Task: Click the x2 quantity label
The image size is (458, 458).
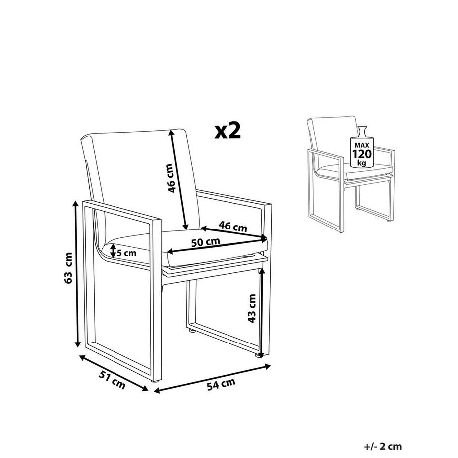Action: tap(228, 131)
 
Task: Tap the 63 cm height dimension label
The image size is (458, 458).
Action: tap(68, 268)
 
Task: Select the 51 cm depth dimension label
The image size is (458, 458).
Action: tap(112, 380)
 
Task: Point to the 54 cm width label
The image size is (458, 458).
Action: tap(221, 384)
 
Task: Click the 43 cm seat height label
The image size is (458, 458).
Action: tap(251, 308)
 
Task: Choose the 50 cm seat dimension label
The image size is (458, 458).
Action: tap(205, 242)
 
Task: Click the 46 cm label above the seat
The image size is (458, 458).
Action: tap(233, 227)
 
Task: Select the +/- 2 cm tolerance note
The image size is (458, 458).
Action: tap(383, 446)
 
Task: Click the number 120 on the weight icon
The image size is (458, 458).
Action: tap(362, 154)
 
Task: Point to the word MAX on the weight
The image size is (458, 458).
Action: tap(362, 145)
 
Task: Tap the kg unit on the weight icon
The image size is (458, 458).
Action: tap(362, 163)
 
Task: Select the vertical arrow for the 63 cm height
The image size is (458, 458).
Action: tap(77, 274)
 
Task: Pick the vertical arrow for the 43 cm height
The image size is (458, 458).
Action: tap(261, 313)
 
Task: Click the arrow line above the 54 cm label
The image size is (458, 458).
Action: tap(213, 378)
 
